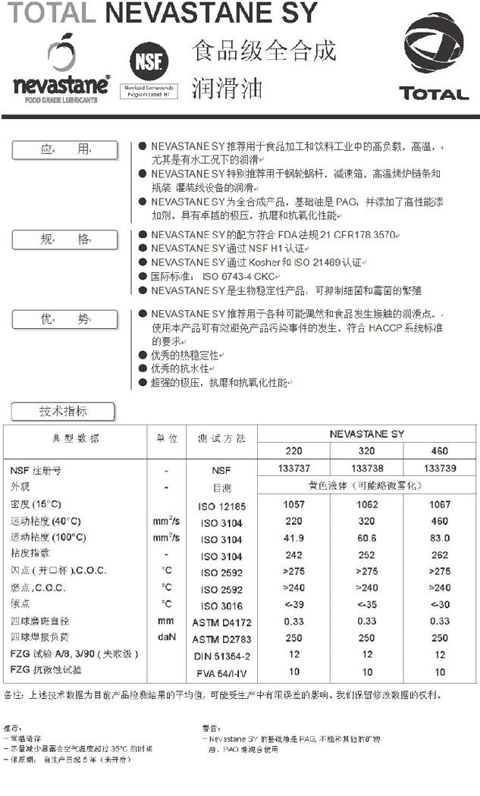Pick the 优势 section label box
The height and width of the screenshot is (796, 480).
point(64,320)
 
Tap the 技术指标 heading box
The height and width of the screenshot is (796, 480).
point(63,412)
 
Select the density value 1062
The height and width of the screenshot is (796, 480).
point(366,504)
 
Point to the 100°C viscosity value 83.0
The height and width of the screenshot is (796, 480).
point(440,537)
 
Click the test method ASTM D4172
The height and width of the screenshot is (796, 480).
point(221,622)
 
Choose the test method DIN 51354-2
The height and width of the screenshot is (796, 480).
point(221,656)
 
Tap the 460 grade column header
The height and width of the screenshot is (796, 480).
point(440,451)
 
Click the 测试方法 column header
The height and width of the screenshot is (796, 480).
point(221,439)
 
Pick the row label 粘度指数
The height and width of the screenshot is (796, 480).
point(30,553)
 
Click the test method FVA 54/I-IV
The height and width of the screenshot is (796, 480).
point(221,672)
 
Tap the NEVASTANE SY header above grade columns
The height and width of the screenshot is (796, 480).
point(367,434)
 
